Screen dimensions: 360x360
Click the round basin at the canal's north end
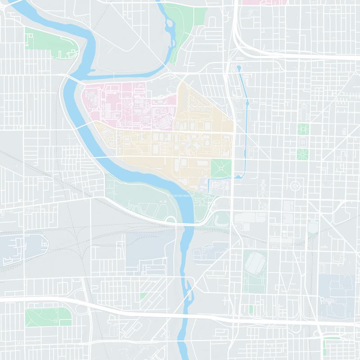tap(239, 68)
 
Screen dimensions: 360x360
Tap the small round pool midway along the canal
tap(247, 104)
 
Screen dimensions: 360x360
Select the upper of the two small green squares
tap(303, 129)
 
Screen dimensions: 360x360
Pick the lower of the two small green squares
tap(303, 154)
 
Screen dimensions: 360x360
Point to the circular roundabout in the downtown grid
tap(295, 184)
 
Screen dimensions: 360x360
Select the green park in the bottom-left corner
tap(47, 317)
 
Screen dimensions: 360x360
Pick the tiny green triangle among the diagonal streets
tap(144, 296)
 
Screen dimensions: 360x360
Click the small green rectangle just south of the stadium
tap(251, 310)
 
